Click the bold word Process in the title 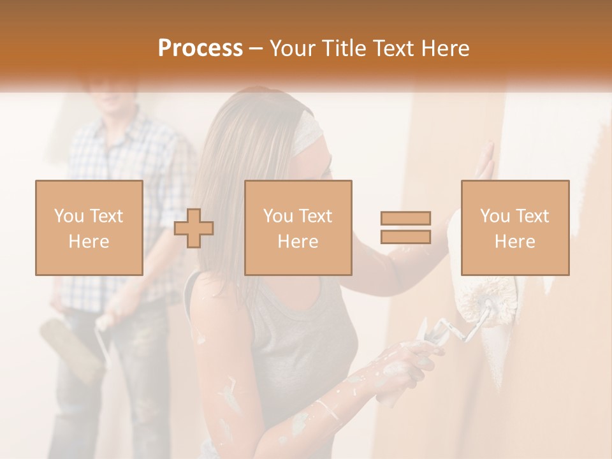tap(200, 48)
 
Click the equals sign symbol tap(405, 228)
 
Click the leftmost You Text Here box tap(89, 228)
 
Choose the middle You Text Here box tap(298, 228)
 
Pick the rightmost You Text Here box tap(514, 228)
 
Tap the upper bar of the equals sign tap(405, 219)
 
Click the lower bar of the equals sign tap(405, 237)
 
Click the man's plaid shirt tap(127, 210)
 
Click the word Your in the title tap(293, 48)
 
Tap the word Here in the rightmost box tap(514, 241)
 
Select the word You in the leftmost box tap(68, 215)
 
